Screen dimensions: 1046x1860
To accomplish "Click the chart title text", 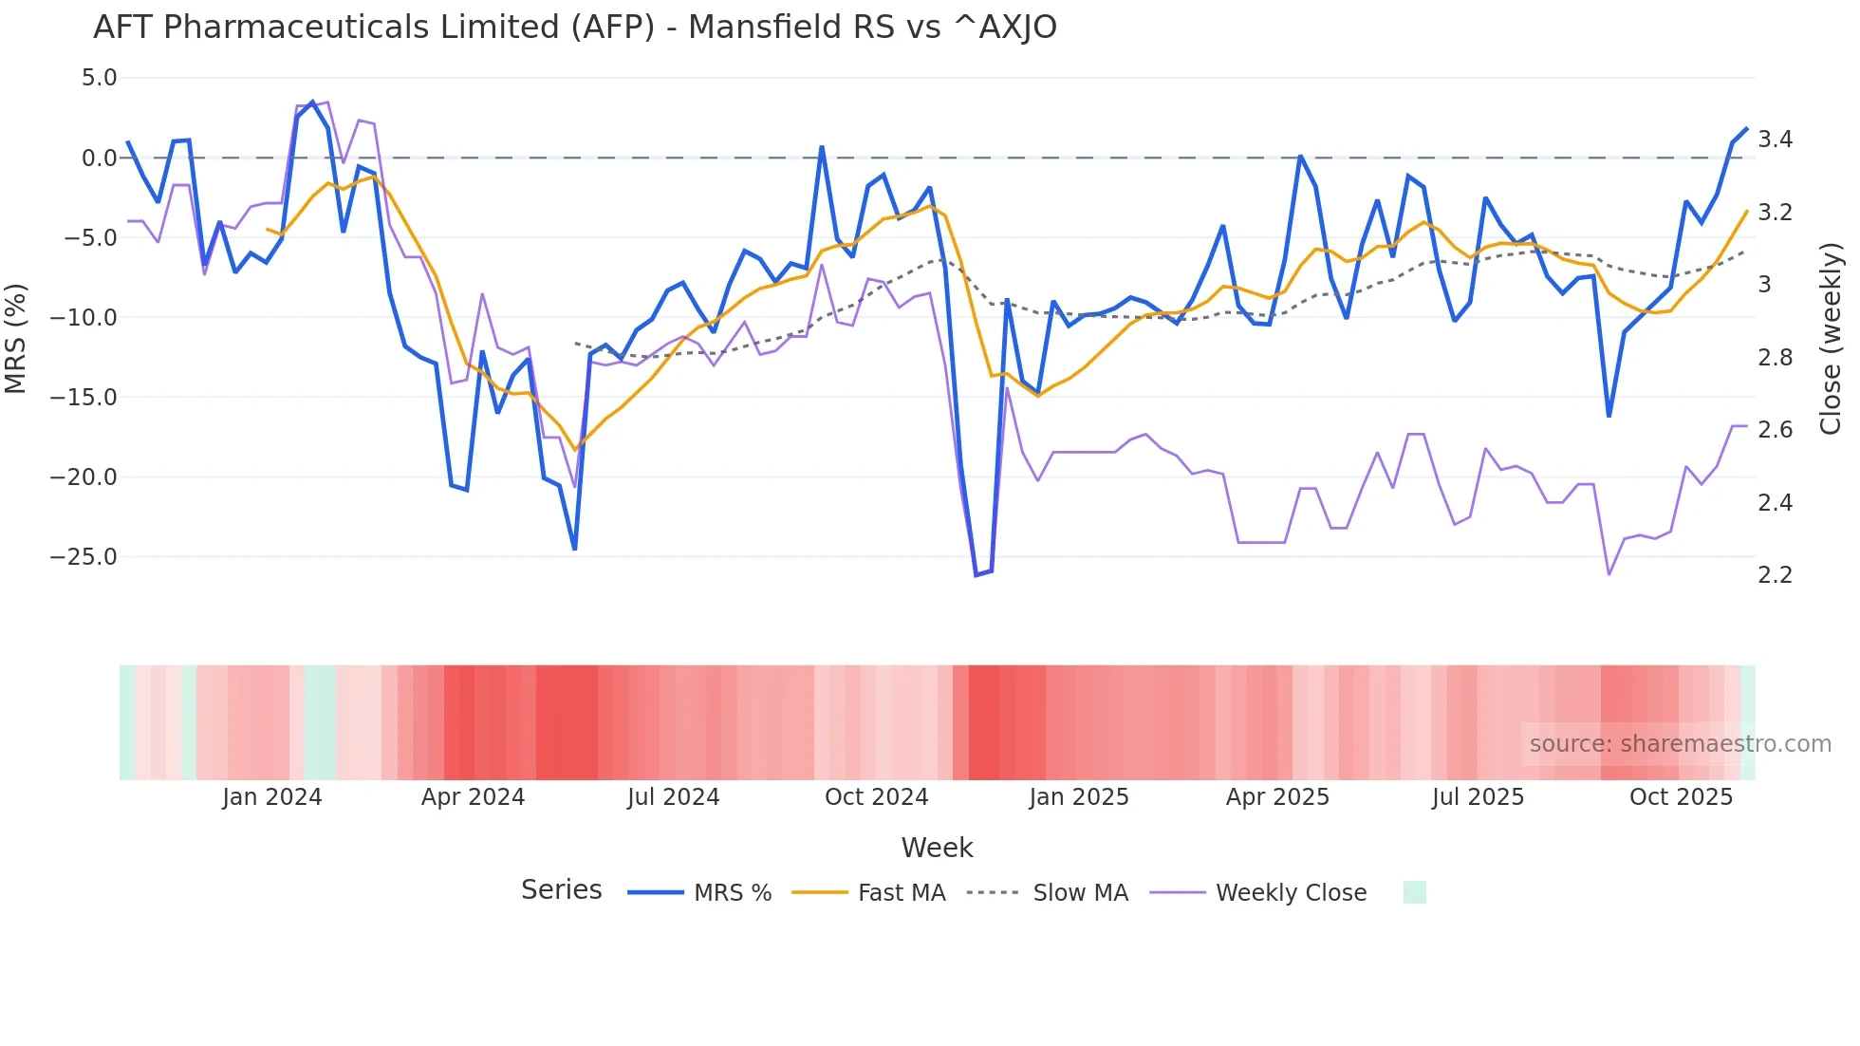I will point(574,28).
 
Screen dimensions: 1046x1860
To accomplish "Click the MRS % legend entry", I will point(732,893).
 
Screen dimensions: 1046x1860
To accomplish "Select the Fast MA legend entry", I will point(901,893).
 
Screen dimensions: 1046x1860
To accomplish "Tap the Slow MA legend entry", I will point(1080,893).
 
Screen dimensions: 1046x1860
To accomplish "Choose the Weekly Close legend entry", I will point(1291,893).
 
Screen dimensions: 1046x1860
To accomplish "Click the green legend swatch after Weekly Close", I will point(1414,892).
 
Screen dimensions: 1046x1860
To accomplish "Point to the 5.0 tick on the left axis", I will point(99,78).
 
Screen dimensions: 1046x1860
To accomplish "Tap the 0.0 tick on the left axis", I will point(99,159).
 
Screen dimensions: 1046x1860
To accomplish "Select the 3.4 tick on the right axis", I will point(1775,140).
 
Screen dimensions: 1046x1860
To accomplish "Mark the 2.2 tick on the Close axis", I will point(1775,575).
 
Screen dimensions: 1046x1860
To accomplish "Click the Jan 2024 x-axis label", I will point(272,797).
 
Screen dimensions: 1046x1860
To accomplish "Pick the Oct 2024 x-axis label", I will point(876,797).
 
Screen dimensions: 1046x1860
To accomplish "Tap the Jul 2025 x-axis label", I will point(1478,797).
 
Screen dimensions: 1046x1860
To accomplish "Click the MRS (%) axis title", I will point(16,338).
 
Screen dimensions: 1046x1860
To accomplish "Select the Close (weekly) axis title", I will point(1831,338).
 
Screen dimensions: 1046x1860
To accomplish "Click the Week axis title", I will point(937,848).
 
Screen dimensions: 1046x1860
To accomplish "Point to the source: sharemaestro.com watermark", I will point(1680,744).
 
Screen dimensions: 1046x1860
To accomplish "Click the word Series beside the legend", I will point(561,890).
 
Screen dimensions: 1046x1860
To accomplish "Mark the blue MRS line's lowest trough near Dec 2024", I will point(976,575).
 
